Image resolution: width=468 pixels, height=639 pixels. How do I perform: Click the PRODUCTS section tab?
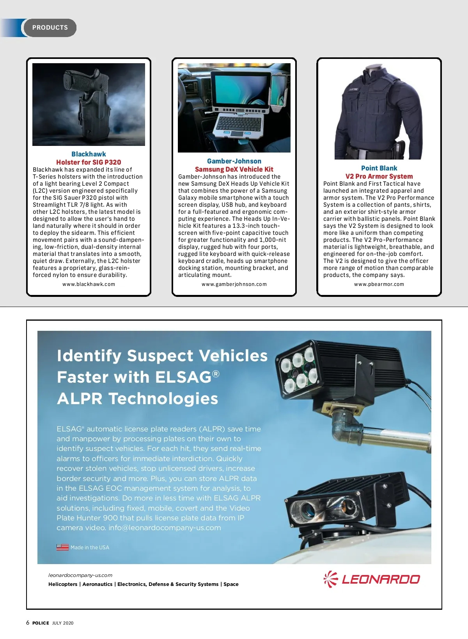pos(50,28)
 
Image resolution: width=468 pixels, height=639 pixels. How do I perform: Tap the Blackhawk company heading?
pos(89,154)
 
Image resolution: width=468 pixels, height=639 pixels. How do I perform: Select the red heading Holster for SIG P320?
pos(89,162)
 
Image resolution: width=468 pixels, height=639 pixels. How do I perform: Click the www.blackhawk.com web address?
pos(89,284)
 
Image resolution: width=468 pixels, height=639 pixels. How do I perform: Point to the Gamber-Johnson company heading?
pos(234,161)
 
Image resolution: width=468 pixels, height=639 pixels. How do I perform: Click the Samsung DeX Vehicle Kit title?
pos(234,169)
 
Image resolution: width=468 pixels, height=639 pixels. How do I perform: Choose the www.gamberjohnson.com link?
pos(234,284)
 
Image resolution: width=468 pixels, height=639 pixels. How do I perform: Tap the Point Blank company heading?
pos(379,168)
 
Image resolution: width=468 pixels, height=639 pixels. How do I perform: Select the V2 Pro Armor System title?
pos(379,176)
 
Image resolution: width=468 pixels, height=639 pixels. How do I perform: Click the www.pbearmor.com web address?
pos(379,284)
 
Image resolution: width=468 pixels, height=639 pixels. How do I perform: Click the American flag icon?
pos(62,547)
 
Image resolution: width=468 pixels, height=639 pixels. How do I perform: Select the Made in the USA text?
pos(90,548)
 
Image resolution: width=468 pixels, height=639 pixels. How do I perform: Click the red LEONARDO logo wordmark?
pos(381,579)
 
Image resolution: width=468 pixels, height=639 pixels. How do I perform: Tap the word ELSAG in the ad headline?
pos(183,377)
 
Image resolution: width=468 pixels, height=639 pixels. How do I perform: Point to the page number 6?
pos(28,623)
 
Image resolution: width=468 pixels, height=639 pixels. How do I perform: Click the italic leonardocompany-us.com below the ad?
pos(80,575)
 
